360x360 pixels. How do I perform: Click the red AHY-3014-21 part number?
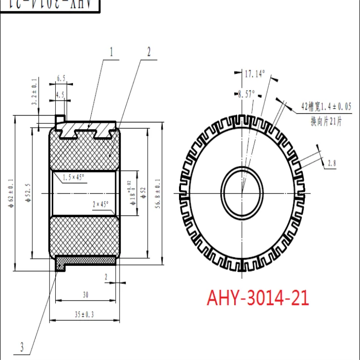click(258, 298)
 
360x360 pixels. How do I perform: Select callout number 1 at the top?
click(112, 52)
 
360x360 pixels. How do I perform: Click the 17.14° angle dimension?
click(255, 74)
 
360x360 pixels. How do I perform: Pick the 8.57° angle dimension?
click(247, 95)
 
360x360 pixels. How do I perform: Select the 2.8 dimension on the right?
click(332, 164)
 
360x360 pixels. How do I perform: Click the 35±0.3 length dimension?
click(84, 314)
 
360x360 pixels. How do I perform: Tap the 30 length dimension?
click(85, 295)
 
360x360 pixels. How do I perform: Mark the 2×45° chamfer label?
click(101, 204)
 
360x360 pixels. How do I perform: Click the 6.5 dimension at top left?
click(61, 78)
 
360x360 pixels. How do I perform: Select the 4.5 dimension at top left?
click(60, 95)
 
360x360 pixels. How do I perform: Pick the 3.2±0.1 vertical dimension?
click(34, 93)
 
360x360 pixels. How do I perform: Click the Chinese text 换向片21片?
click(326, 122)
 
